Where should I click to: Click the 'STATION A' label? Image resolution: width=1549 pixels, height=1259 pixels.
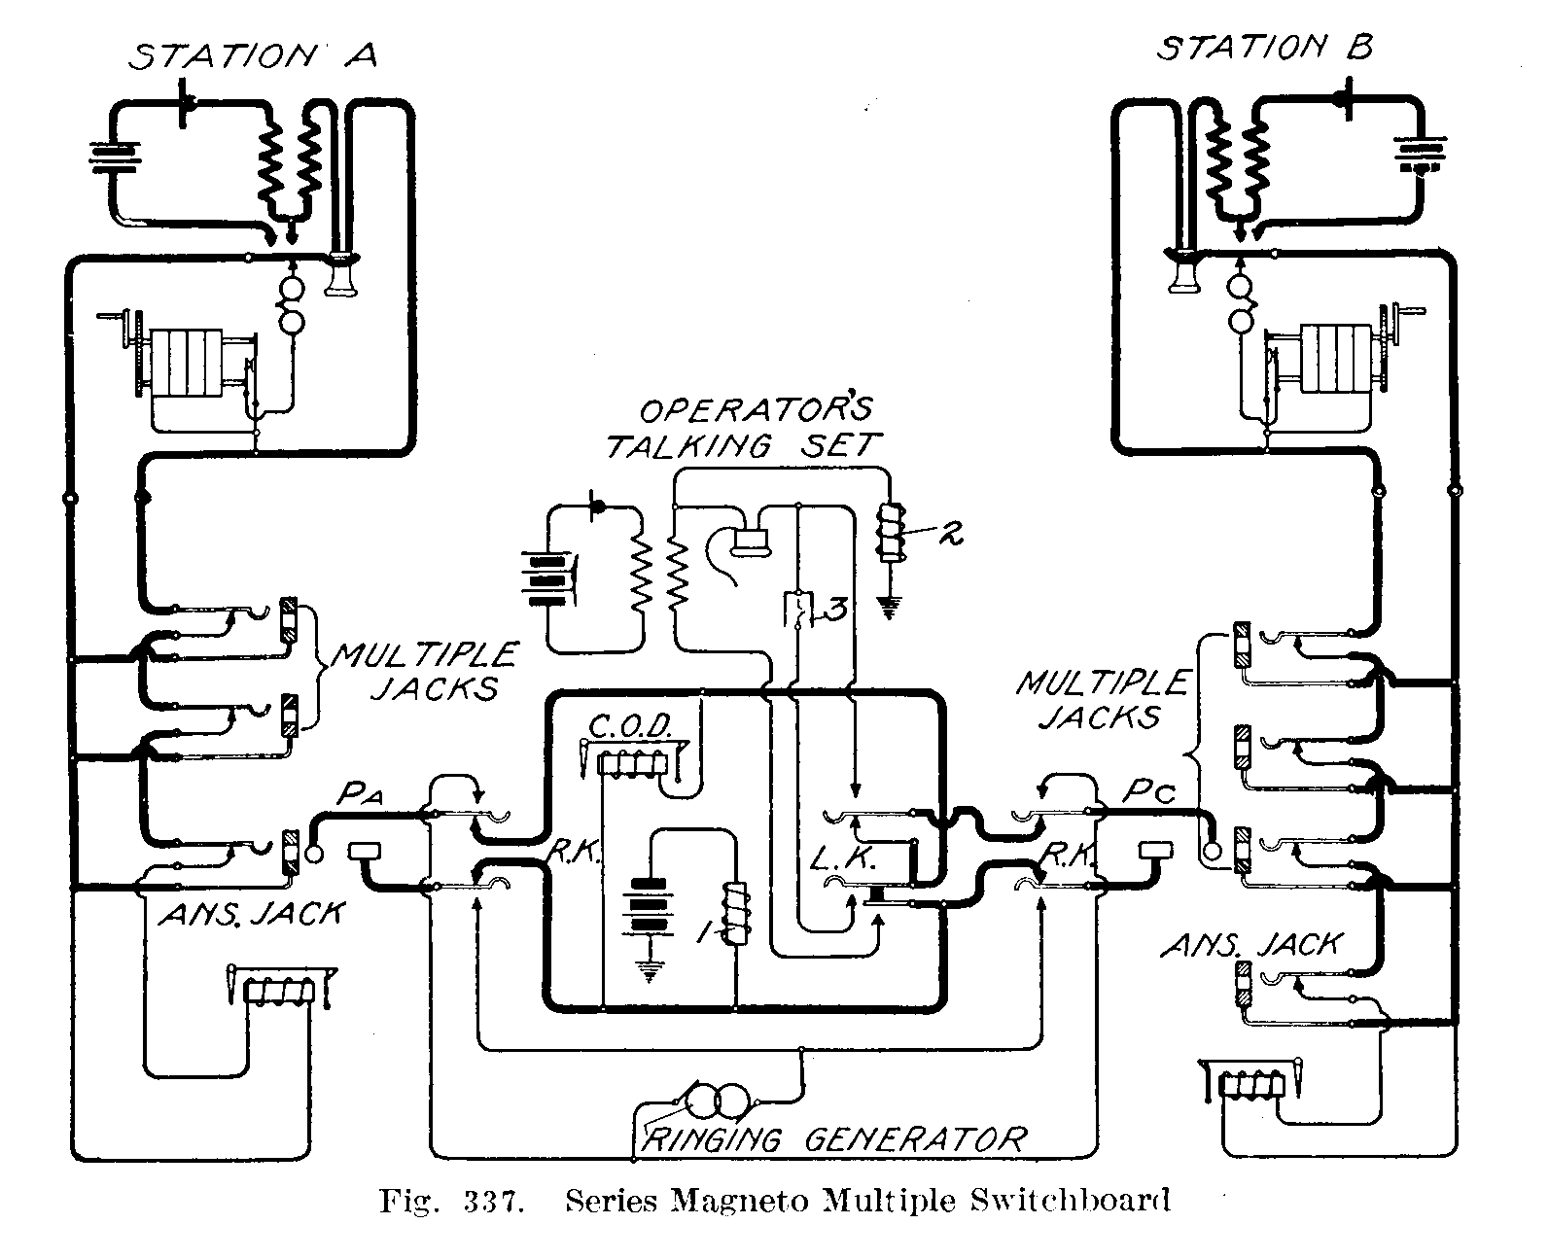tap(254, 56)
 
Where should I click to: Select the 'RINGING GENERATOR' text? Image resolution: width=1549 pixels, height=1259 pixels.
tap(834, 1138)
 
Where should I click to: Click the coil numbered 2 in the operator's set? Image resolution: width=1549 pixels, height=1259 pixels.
tap(890, 533)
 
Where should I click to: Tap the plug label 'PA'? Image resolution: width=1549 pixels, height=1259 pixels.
tap(361, 795)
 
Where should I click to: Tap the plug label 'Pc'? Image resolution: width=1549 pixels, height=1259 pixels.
tap(1149, 792)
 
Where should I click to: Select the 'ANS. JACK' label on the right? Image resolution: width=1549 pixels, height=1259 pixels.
tap(1252, 943)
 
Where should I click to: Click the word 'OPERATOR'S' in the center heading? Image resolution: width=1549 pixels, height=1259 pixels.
tap(756, 410)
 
